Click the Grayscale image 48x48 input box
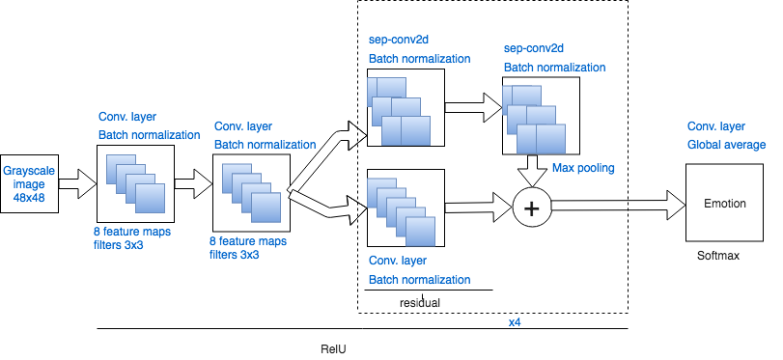click(x=29, y=182)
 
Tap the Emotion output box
click(x=723, y=203)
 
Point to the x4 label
click(x=516, y=321)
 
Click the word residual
click(x=420, y=302)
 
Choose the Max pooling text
click(x=583, y=168)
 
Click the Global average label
click(x=726, y=145)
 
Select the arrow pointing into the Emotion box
click(x=618, y=204)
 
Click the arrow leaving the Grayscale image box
click(x=77, y=182)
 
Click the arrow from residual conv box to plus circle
click(x=477, y=206)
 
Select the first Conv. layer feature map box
click(x=135, y=184)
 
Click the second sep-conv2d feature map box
click(x=541, y=116)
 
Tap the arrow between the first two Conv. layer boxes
click(x=193, y=180)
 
